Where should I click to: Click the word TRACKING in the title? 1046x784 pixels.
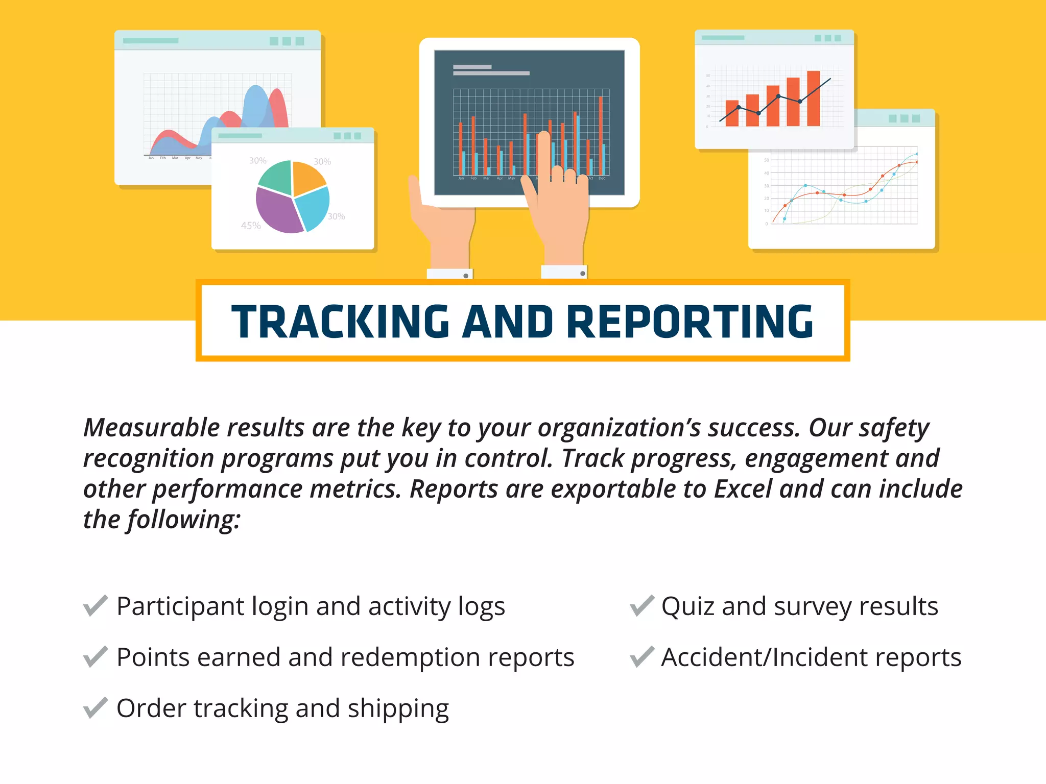pos(340,322)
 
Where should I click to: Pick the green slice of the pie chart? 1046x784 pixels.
pos(276,177)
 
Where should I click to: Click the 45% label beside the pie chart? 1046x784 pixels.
pos(251,226)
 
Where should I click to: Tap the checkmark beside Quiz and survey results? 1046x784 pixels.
pos(641,606)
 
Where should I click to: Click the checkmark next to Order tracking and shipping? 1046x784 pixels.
pos(96,708)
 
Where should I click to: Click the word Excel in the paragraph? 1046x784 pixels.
pos(743,489)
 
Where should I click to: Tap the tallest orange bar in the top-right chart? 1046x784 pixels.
pos(813,98)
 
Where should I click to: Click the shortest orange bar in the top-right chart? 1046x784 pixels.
pos(732,113)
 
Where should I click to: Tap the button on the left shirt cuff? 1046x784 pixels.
pos(466,276)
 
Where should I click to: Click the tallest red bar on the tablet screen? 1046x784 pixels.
pos(601,135)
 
